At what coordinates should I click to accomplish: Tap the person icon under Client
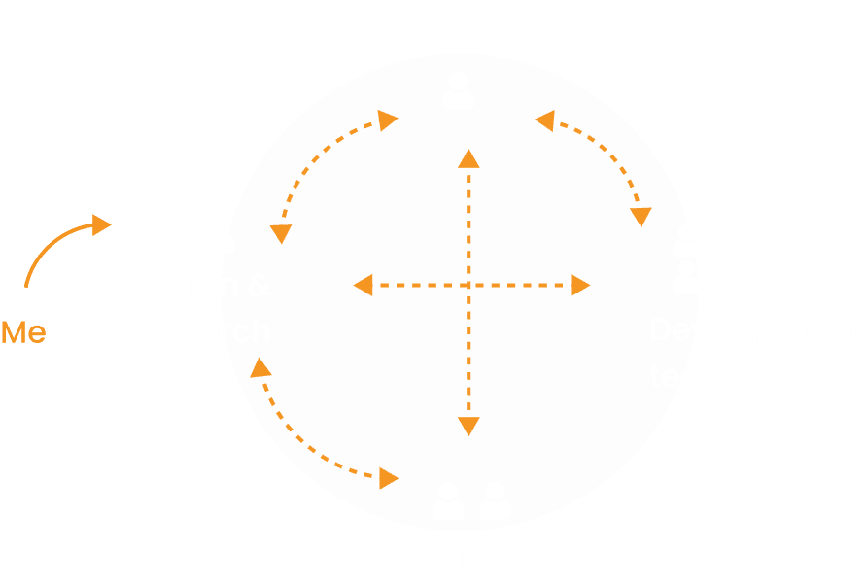[458, 90]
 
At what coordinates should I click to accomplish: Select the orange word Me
[23, 332]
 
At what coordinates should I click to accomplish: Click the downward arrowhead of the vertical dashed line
[469, 425]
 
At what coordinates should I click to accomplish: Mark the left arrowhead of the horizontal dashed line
[364, 285]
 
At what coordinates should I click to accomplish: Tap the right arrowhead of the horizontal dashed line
[580, 285]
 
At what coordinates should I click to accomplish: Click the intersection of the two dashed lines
[469, 285]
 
